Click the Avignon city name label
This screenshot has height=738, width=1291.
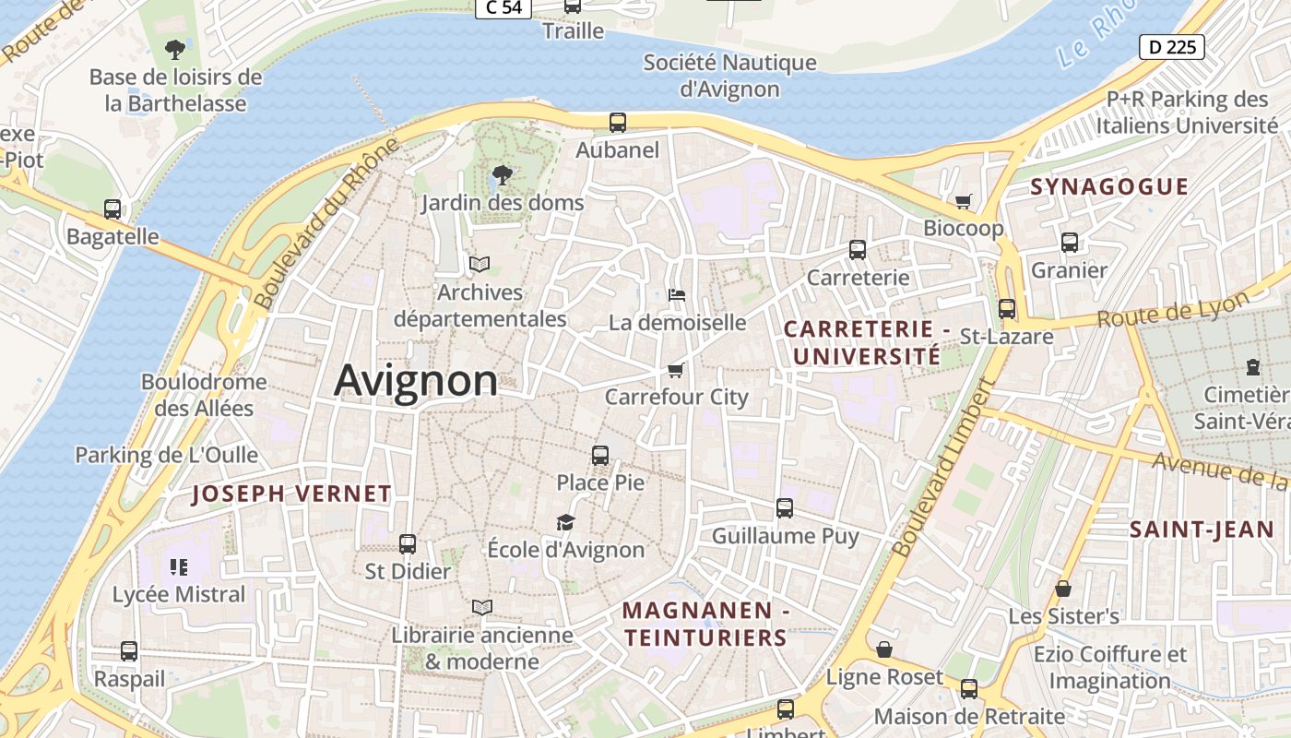click(x=416, y=380)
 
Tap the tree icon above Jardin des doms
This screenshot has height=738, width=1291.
click(x=503, y=174)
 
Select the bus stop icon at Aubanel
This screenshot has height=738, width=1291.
click(x=618, y=122)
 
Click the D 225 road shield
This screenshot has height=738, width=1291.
click(x=1172, y=46)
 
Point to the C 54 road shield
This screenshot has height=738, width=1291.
click(x=503, y=7)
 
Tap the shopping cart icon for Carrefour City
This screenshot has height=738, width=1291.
click(x=676, y=371)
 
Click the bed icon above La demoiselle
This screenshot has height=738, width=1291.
click(x=677, y=295)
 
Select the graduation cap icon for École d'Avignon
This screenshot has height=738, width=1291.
click(x=565, y=523)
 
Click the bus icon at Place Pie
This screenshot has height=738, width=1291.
click(x=600, y=455)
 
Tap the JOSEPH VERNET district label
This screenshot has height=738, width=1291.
click(x=291, y=494)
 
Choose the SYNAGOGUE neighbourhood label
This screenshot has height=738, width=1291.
click(x=1109, y=186)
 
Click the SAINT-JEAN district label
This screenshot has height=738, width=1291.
click(x=1189, y=530)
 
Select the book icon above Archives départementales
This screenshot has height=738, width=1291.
click(x=479, y=265)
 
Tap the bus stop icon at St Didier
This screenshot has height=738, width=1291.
click(x=408, y=544)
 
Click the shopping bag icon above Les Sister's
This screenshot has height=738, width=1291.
click(x=1063, y=589)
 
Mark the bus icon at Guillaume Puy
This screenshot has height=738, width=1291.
click(x=785, y=508)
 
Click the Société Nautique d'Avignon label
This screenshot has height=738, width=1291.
click(x=729, y=76)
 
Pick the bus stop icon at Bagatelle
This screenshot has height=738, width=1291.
click(x=113, y=209)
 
